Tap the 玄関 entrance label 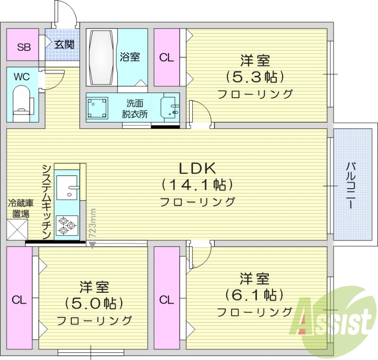(63, 45)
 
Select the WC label (21, 76)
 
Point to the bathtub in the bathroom (101, 57)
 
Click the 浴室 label (130, 57)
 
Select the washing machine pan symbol (98, 107)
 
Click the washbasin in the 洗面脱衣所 (170, 109)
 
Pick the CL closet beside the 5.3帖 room (166, 58)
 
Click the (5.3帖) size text (255, 76)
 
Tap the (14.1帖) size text (197, 184)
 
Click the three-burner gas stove (67, 226)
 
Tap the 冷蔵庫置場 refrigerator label (20, 209)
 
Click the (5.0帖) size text (94, 303)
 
